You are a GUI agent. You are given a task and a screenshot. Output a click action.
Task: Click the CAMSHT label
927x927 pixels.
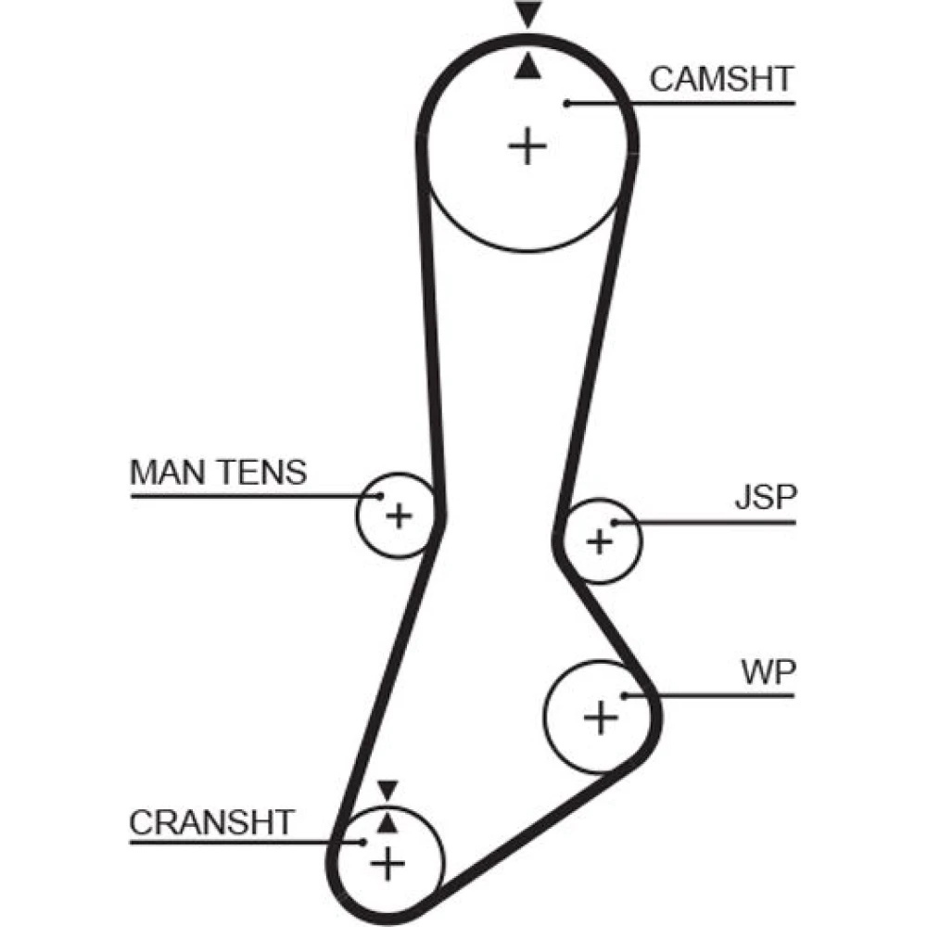click(x=721, y=79)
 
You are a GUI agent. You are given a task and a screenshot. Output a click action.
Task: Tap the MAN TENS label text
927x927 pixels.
click(x=218, y=473)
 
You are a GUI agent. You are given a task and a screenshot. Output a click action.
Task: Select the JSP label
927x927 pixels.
click(x=767, y=497)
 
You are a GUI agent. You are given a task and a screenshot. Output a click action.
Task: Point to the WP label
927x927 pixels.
click(x=768, y=671)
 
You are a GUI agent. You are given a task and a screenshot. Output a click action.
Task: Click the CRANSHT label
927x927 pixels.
click(x=211, y=822)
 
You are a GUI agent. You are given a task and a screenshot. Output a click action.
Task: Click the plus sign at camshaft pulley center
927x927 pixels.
click(x=527, y=146)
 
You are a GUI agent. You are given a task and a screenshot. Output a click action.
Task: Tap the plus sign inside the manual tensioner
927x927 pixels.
click(x=399, y=515)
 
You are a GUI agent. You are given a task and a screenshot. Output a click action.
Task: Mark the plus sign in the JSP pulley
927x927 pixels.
click(x=600, y=541)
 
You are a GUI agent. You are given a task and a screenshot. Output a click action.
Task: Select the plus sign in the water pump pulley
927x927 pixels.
click(x=601, y=717)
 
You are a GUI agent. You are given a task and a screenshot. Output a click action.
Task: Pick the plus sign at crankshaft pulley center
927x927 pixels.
click(x=387, y=864)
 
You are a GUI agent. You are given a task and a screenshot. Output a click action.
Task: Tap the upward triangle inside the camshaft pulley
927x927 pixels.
click(x=527, y=67)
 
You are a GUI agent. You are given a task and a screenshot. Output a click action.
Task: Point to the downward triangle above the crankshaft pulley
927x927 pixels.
click(x=387, y=791)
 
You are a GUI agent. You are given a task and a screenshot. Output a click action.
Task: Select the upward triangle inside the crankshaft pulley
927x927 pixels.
click(x=387, y=823)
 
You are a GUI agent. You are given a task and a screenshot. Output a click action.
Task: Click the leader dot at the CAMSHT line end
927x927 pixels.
click(x=566, y=104)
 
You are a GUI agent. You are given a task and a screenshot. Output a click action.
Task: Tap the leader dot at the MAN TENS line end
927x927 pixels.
click(x=380, y=496)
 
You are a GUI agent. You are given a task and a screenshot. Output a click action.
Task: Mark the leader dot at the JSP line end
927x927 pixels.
click(x=615, y=523)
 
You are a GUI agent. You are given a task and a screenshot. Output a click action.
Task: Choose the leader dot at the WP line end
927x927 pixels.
click(x=624, y=696)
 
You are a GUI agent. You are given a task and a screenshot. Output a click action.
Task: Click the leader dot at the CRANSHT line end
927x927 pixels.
click(x=362, y=842)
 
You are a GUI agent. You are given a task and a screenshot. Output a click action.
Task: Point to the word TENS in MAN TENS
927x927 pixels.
click(x=262, y=473)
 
